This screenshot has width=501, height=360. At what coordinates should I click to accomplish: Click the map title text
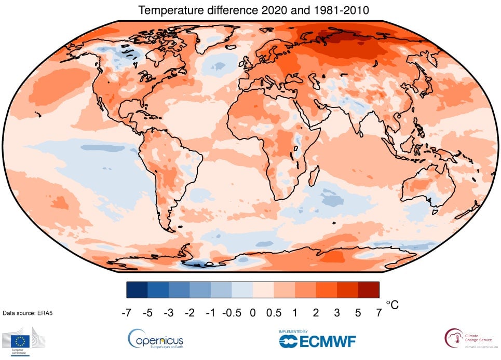coord(252,10)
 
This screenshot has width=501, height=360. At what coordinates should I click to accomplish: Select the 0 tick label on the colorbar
coord(252,313)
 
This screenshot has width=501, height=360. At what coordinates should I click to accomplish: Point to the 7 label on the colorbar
coord(378,313)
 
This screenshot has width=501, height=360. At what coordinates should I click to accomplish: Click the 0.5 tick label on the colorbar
coord(274,313)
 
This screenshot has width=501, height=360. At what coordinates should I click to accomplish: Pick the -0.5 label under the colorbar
coord(232,313)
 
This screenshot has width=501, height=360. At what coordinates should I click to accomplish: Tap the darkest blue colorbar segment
coord(137,289)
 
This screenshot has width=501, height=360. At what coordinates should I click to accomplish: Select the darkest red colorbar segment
coord(368,289)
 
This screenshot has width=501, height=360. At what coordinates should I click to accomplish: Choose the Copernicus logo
coord(155,339)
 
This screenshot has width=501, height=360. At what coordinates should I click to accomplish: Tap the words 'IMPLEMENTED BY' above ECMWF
coord(293,331)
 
